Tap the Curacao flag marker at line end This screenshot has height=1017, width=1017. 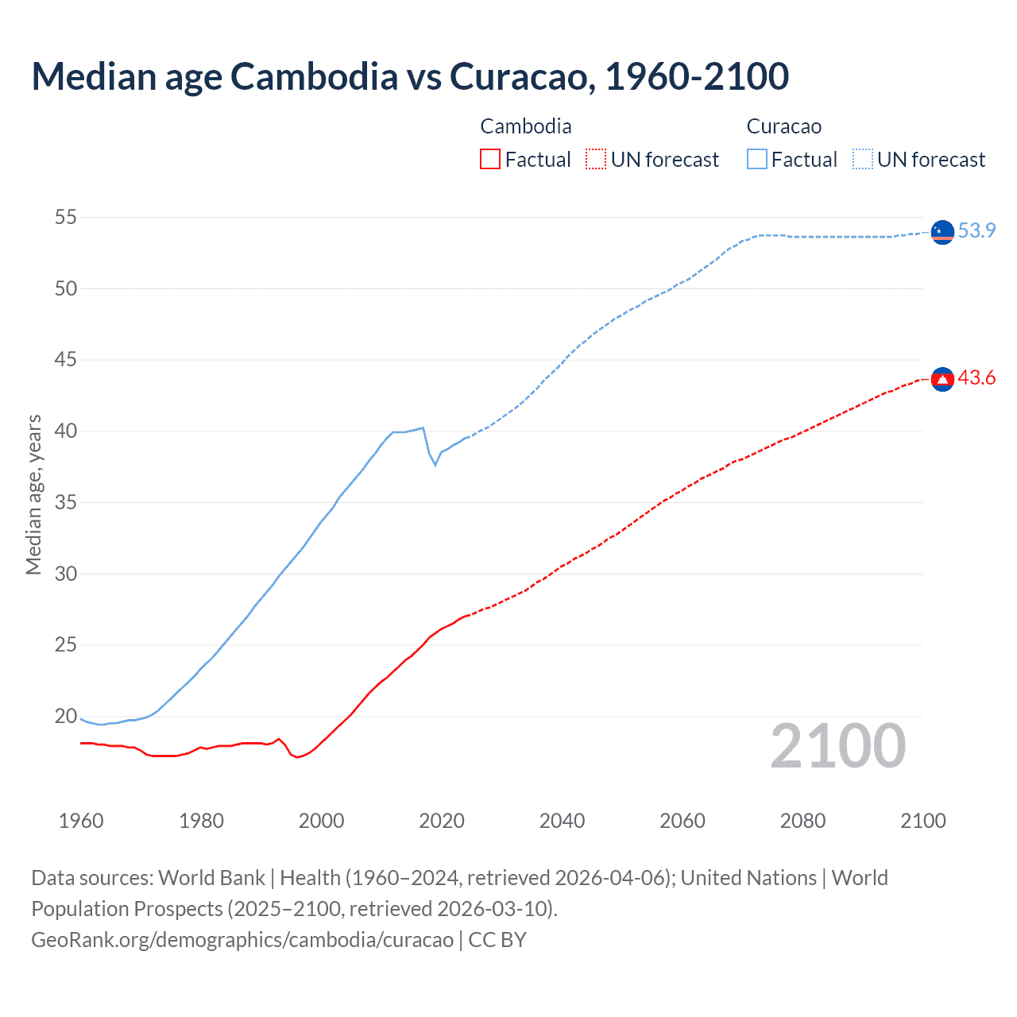942,231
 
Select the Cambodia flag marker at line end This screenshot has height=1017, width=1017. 942,380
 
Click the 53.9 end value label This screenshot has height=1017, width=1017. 976,230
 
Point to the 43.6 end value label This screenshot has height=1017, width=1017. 976,378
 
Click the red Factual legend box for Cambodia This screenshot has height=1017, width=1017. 490,160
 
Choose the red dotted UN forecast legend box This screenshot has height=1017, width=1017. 596,160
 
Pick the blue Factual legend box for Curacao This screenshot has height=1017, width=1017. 757,160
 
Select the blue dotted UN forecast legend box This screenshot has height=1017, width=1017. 863,160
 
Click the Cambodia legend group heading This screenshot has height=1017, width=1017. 526,126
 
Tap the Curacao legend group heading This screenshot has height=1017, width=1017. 784,126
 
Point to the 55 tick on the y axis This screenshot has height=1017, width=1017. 66,217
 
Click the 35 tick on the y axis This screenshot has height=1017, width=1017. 66,502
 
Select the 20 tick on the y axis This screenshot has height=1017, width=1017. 66,716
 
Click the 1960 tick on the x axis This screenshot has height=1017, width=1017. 81,821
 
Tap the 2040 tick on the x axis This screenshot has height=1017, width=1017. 562,821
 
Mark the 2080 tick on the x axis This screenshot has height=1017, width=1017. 802,821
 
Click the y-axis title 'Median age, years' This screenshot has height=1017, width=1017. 33,494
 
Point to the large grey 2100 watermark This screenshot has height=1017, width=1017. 837,746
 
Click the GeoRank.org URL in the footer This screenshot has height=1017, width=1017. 242,940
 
